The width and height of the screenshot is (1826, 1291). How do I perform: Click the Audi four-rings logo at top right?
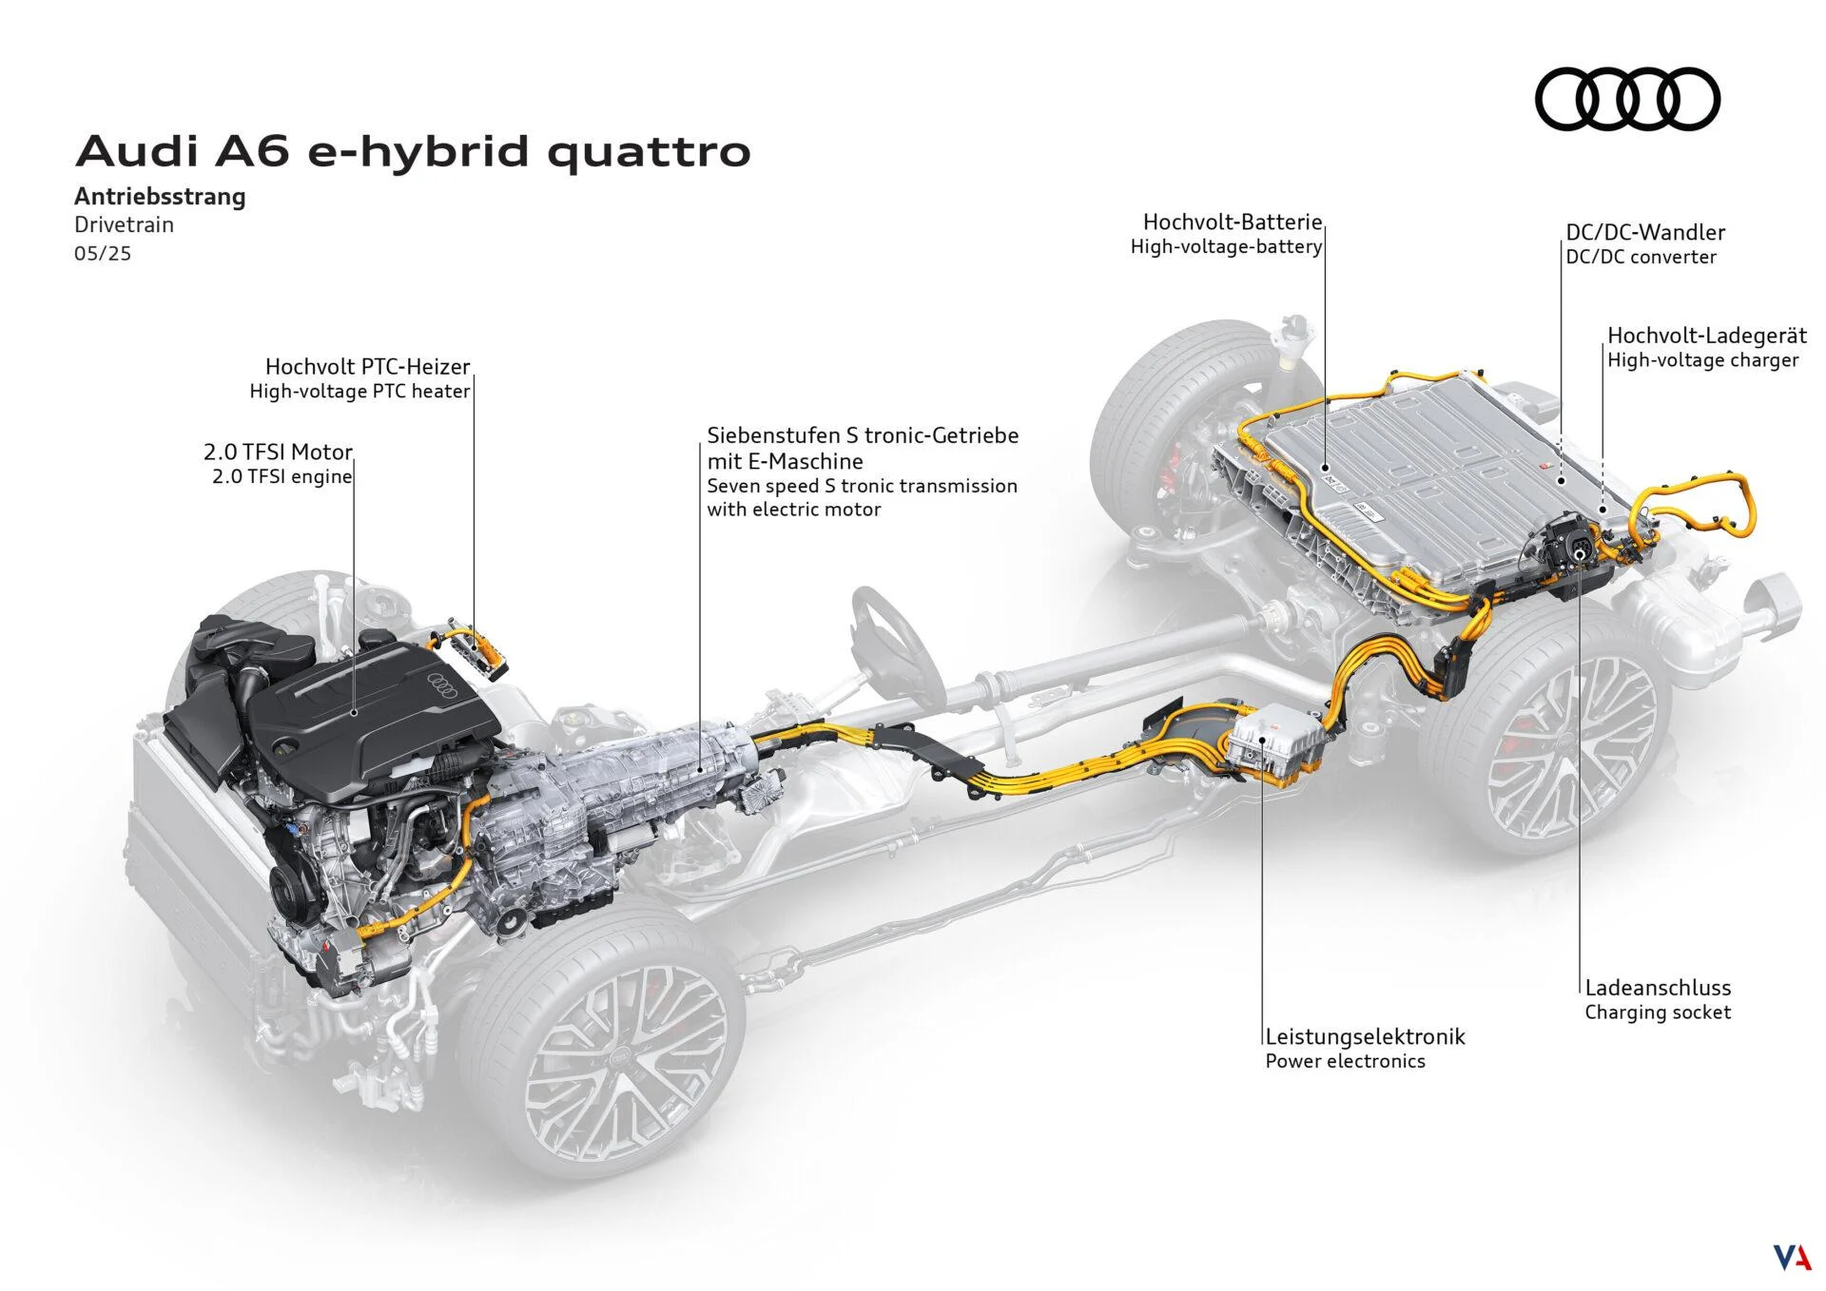point(1627,99)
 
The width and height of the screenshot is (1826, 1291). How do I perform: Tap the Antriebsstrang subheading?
point(160,197)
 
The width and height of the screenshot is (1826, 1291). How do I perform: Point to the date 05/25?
point(103,254)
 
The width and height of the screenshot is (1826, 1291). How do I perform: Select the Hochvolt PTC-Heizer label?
point(367,367)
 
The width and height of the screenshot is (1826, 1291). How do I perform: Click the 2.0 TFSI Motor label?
point(278,453)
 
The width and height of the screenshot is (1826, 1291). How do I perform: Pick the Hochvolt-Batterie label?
point(1232,222)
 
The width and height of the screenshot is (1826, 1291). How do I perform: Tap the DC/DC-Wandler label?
point(1644,233)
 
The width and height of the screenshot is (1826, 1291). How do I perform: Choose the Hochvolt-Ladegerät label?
point(1706,336)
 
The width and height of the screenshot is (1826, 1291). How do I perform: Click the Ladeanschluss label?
point(1657,988)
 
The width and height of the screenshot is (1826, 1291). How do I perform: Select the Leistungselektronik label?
point(1365,1036)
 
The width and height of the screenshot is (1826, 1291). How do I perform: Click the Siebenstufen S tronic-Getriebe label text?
point(862,435)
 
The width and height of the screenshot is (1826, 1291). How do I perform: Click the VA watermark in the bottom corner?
point(1792,1257)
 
